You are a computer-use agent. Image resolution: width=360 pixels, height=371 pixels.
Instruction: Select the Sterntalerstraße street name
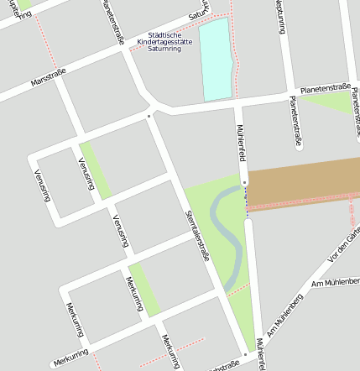(196, 235)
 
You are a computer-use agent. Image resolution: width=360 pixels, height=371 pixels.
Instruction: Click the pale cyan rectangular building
(216, 59)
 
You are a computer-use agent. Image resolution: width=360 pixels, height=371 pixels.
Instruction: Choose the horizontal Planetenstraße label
(325, 86)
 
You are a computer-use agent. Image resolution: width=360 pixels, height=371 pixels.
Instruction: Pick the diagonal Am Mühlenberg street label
(286, 313)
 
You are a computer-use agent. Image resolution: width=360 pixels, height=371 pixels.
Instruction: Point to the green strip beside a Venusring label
(96, 170)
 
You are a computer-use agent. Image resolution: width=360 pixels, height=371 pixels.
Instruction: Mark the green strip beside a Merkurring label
(143, 290)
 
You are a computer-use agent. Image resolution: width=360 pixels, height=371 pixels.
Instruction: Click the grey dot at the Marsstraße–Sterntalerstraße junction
(149, 115)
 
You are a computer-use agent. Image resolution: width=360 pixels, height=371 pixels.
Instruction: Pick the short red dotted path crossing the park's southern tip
(237, 290)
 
